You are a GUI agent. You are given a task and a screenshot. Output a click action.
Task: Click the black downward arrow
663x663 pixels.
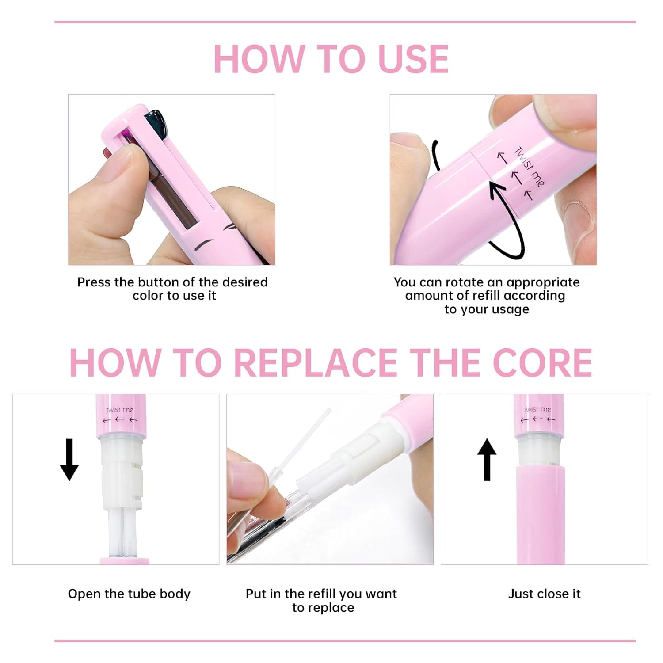(x=69, y=460)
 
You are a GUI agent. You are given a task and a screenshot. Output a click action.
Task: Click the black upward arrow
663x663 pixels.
(x=487, y=460)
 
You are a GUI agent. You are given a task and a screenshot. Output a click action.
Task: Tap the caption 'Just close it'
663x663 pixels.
(x=544, y=594)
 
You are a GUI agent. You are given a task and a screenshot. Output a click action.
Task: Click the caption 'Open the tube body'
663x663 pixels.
(x=129, y=594)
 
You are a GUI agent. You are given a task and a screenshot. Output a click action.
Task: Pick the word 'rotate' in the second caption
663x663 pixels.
(x=463, y=282)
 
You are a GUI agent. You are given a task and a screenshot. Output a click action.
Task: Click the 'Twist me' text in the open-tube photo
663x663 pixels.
(x=120, y=410)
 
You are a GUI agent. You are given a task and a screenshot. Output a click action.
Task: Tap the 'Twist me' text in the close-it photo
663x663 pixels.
(x=537, y=410)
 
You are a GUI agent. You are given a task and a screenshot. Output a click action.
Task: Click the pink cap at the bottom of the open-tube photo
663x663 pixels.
(x=124, y=561)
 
